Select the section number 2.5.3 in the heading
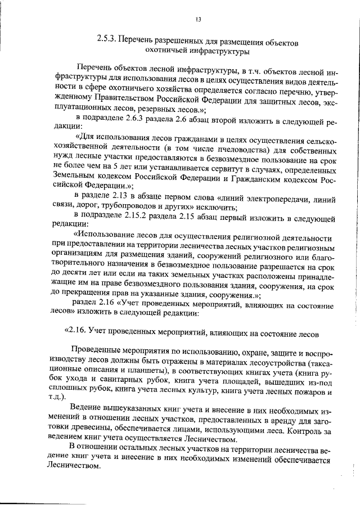pos(107,42)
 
